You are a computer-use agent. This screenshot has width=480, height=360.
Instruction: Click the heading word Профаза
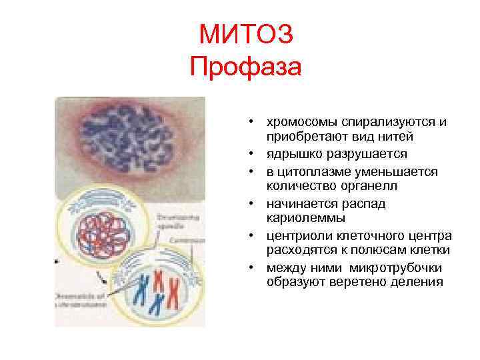pos(246,67)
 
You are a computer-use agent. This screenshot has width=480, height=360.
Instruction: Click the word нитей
pos(396,137)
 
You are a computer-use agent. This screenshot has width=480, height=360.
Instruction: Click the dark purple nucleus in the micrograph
pos(130,139)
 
